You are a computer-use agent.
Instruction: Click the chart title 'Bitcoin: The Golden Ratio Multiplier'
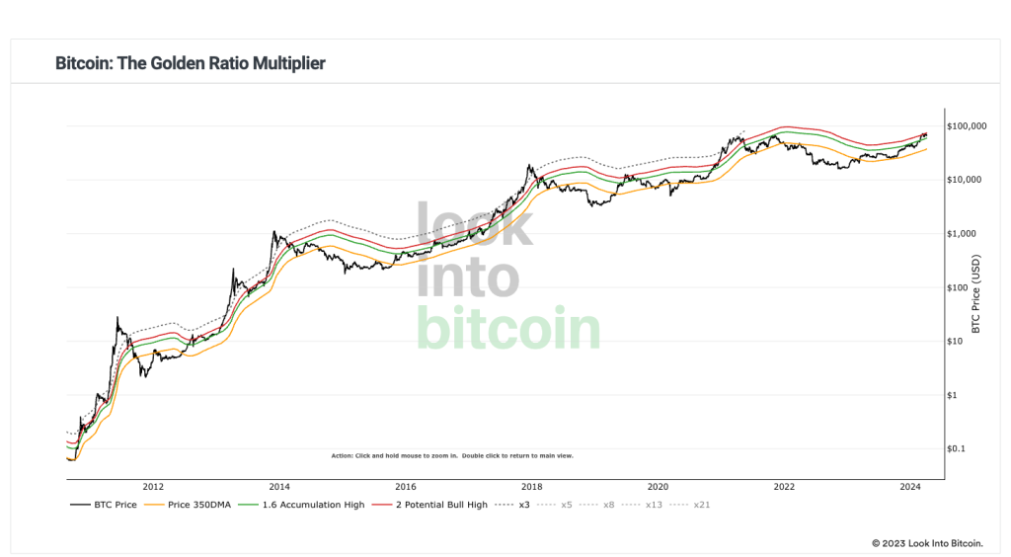(191, 63)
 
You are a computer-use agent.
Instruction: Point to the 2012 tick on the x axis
(153, 487)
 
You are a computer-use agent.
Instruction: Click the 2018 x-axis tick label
(532, 487)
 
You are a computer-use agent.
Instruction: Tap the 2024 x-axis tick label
(911, 487)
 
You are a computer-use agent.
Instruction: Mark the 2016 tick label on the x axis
(406, 487)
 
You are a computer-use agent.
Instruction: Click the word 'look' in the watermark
(474, 225)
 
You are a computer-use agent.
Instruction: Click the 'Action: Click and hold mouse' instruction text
(452, 456)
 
